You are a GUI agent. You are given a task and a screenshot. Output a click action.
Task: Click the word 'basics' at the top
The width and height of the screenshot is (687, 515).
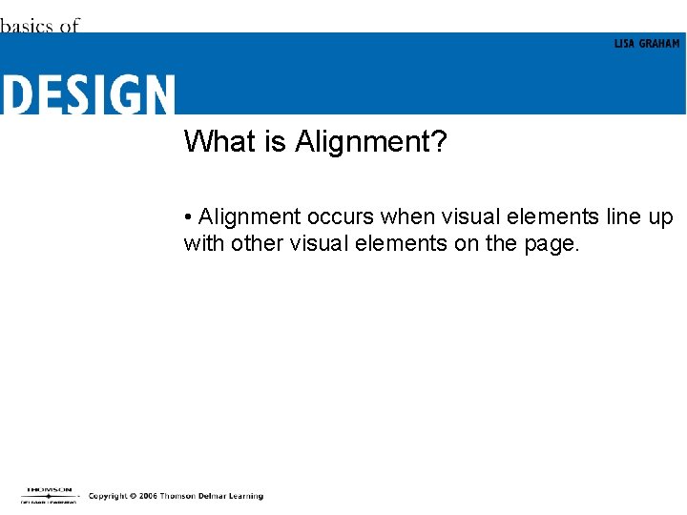click(x=27, y=26)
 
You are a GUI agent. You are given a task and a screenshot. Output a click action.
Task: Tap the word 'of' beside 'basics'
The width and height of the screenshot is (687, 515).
click(x=69, y=26)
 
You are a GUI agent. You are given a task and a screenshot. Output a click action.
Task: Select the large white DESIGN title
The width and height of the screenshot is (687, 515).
click(x=88, y=95)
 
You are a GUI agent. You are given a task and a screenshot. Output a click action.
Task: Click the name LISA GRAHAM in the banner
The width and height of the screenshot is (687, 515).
click(x=647, y=44)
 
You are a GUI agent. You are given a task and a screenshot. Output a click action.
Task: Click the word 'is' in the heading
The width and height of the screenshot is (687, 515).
click(x=277, y=142)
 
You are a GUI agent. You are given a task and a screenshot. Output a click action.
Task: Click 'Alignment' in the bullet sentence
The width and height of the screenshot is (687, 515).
click(x=249, y=218)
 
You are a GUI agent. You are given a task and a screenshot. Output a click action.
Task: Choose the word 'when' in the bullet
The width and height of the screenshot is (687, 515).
click(x=409, y=217)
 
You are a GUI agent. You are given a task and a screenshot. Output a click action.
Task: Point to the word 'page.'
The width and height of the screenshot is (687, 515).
click(x=552, y=245)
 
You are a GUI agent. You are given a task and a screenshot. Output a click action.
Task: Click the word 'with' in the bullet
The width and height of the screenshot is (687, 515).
click(x=204, y=243)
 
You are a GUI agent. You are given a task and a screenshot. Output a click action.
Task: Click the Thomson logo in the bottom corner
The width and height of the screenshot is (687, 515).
click(x=49, y=494)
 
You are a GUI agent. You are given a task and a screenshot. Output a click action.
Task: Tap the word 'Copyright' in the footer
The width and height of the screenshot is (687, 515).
click(x=107, y=496)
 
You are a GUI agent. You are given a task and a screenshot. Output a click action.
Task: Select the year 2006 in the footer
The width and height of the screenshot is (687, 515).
click(x=146, y=496)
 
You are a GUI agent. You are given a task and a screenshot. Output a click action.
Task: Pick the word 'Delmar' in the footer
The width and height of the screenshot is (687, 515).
click(x=211, y=496)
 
